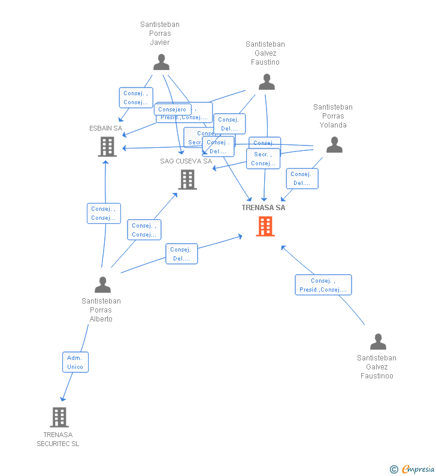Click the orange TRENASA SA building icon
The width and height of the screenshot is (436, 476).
(265, 226)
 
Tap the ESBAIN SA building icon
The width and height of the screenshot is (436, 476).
(107, 146)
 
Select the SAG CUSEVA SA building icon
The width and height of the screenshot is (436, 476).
(187, 179)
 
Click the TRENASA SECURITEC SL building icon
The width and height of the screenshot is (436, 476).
(59, 417)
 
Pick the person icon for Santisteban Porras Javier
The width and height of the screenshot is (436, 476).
(161, 62)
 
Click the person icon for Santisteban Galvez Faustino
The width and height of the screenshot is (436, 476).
(267, 82)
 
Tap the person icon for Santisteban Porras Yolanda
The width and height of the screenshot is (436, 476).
(334, 145)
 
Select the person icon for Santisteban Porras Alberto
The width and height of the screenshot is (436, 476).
(102, 284)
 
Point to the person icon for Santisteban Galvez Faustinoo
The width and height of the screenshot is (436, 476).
(378, 341)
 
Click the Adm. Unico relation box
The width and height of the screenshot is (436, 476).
(75, 362)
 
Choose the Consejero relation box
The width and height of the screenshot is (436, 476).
(172, 110)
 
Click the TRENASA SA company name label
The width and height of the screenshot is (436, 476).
(264, 208)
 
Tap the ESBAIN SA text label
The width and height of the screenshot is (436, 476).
(105, 128)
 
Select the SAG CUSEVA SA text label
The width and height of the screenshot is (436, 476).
(186, 161)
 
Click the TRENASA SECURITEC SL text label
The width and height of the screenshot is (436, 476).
(58, 439)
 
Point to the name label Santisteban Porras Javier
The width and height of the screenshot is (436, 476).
(160, 34)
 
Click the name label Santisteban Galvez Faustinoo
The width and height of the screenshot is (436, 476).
(377, 367)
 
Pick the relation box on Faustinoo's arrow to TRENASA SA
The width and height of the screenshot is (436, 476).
(323, 285)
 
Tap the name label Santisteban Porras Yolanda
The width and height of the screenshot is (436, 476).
(333, 116)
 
